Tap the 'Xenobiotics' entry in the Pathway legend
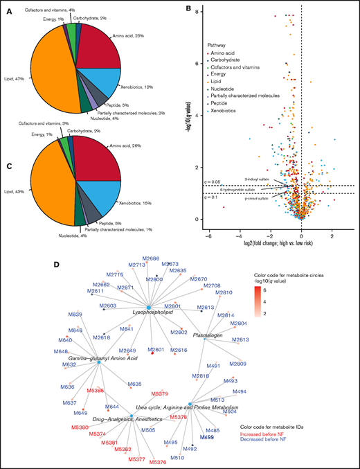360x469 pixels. click(x=225, y=110)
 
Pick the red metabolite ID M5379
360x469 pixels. click(x=159, y=393)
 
